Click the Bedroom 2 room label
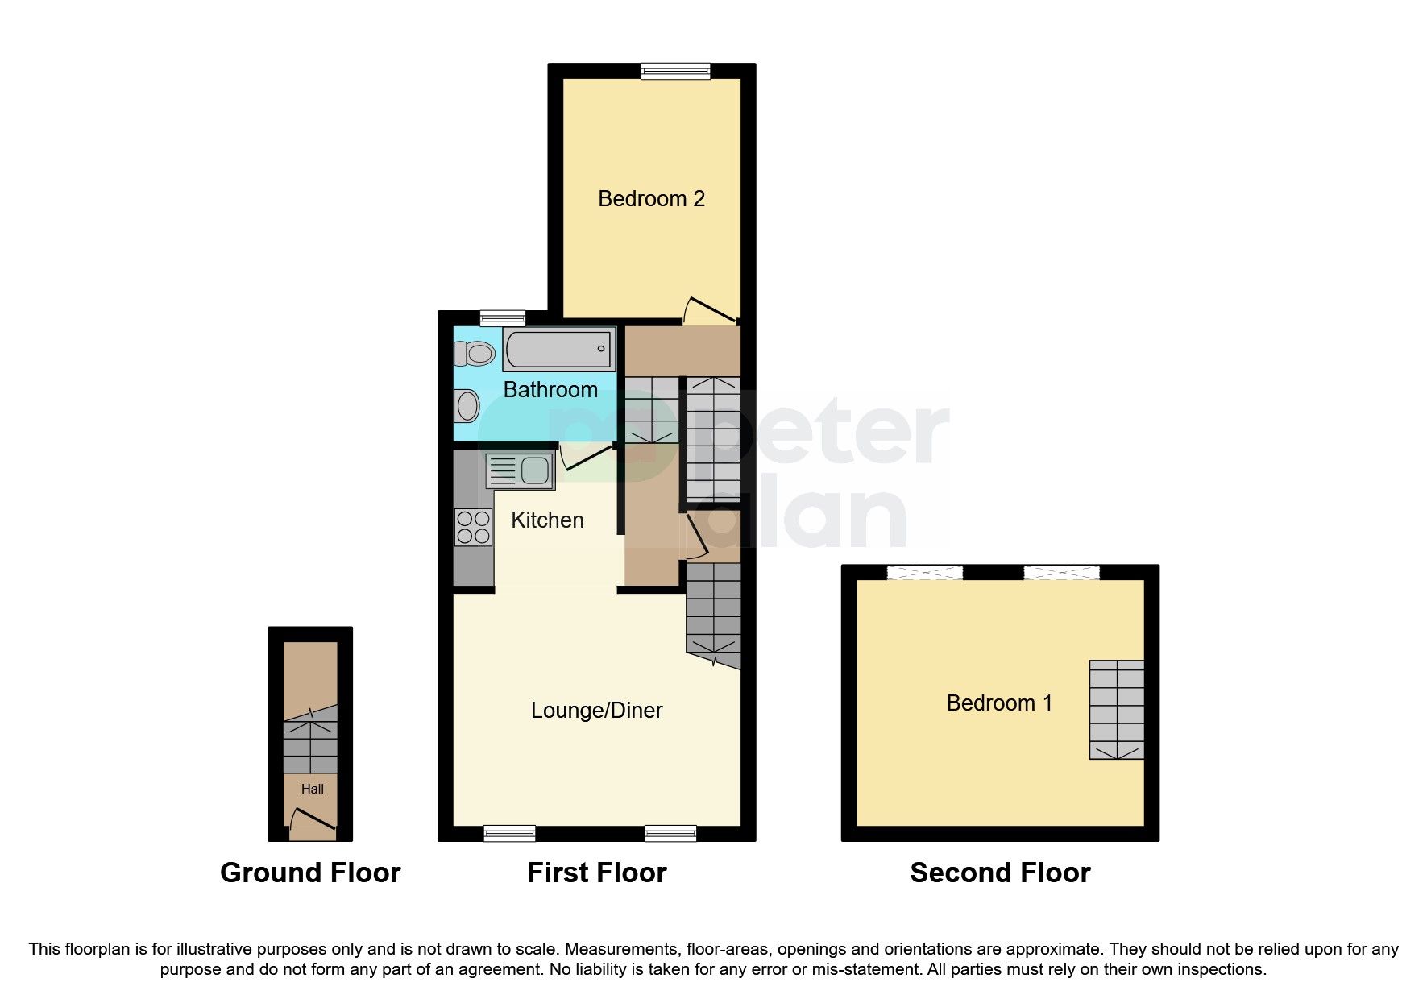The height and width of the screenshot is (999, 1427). coord(651,199)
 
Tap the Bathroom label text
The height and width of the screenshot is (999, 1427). coord(550,390)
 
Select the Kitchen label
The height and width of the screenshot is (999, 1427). coord(547,520)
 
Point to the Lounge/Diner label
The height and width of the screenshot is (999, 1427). coord(596,711)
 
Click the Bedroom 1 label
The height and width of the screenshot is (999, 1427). coord(999,703)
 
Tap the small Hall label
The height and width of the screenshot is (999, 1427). coord(313,789)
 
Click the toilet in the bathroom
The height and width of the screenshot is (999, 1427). coord(475,353)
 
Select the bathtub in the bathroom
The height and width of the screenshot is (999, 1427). coord(559,350)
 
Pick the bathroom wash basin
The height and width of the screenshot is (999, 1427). coord(467,405)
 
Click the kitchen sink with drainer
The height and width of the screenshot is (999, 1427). coord(520,470)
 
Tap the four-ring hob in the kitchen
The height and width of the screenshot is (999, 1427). coord(474,527)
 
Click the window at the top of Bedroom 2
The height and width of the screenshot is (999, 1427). coord(675,72)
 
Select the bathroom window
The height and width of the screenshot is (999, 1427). coord(502,318)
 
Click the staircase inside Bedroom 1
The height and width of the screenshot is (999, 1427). coord(1116,709)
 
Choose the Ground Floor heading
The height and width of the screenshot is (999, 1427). coord(310,873)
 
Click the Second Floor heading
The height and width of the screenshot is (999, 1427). coord(1000,873)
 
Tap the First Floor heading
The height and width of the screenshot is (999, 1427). coord(596,873)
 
